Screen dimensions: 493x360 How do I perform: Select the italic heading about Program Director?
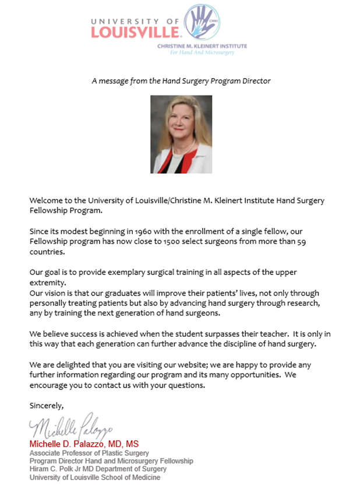click(181, 81)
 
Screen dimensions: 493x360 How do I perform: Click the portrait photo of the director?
click(181, 135)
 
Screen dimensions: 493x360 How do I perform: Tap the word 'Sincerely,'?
click(47, 405)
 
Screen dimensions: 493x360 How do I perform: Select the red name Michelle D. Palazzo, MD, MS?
click(84, 444)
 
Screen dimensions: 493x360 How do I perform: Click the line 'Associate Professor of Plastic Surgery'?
click(89, 453)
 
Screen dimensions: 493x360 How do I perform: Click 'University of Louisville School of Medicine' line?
click(94, 477)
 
